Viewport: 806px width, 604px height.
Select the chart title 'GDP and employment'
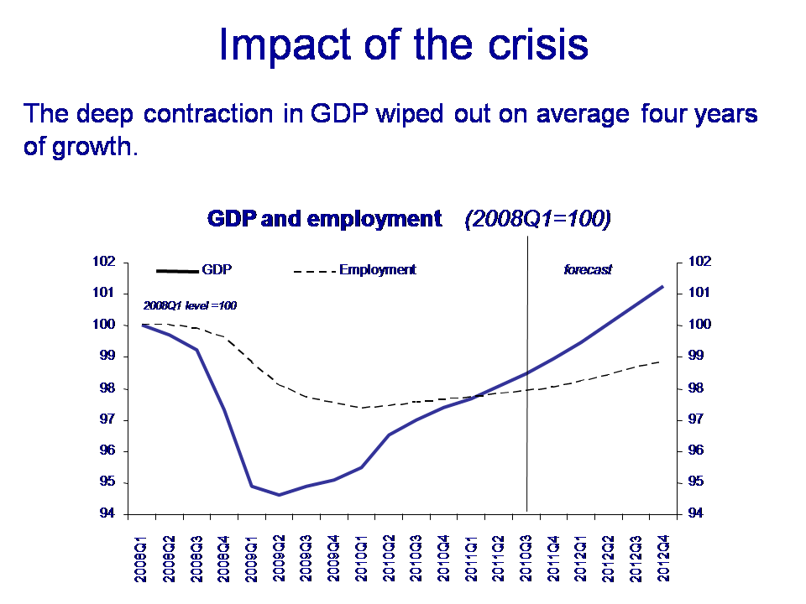[324, 220]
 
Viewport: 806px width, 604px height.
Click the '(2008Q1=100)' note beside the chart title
[537, 220]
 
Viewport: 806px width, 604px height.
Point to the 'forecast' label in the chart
[587, 270]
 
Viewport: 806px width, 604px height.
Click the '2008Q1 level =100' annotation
[190, 306]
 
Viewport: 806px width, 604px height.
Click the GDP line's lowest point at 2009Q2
[279, 495]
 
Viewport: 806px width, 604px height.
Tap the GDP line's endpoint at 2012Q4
[663, 287]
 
